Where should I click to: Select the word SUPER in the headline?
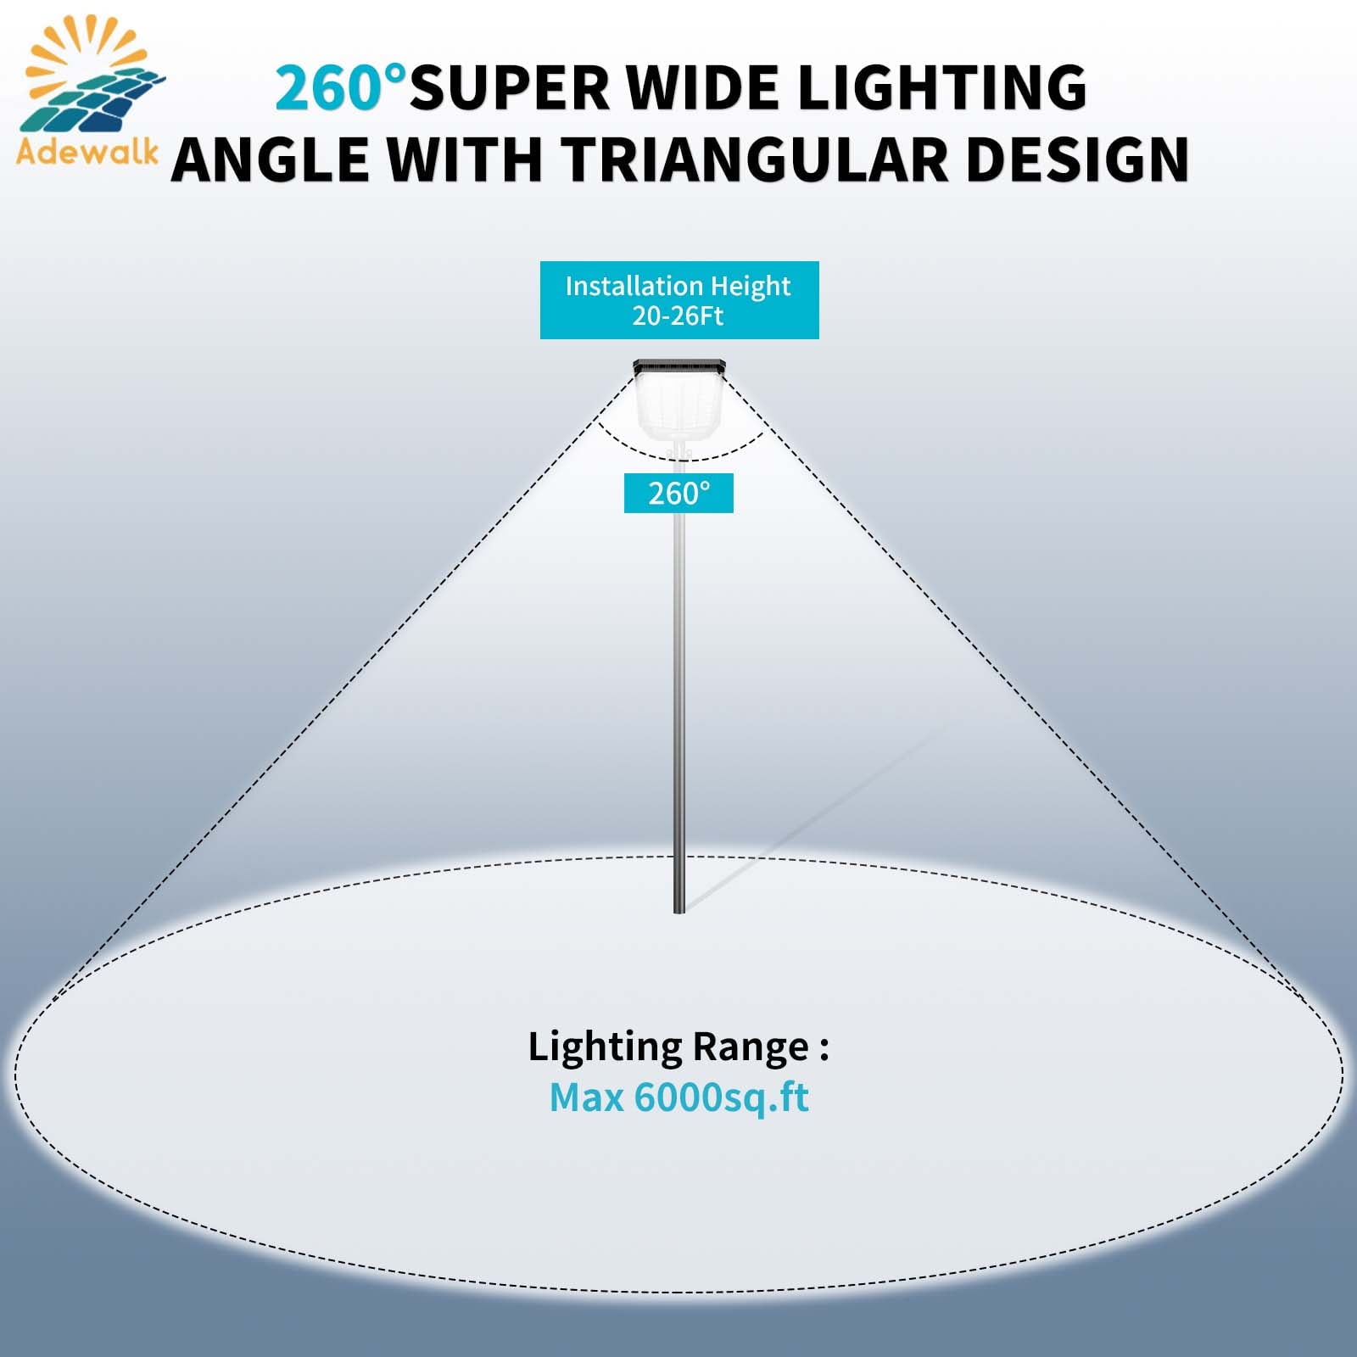click(x=510, y=87)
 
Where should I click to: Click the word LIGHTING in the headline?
click(x=942, y=87)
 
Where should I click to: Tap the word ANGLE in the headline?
click(x=271, y=159)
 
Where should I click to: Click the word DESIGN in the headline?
click(x=1077, y=159)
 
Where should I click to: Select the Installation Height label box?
click(x=679, y=300)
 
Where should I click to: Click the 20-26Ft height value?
click(x=678, y=316)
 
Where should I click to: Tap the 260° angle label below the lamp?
click(x=678, y=494)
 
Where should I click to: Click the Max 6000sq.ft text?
click(x=678, y=1097)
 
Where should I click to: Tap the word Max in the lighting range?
click(x=587, y=1097)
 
